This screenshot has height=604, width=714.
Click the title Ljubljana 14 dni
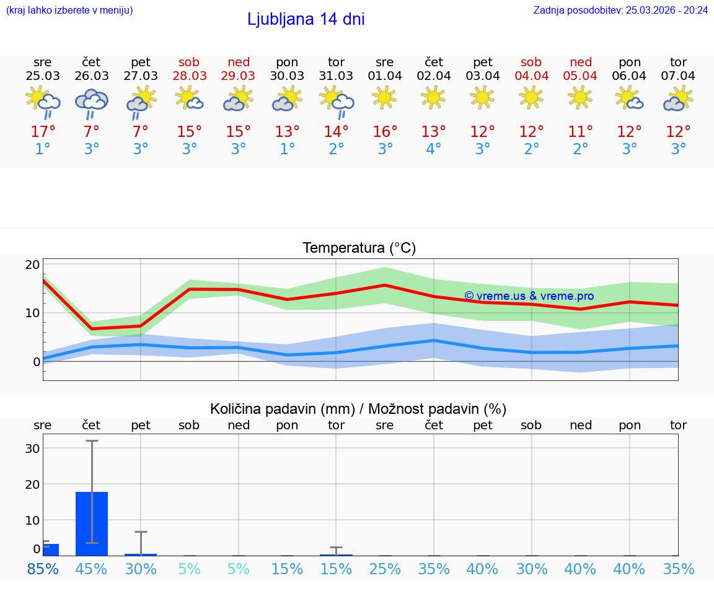(306, 19)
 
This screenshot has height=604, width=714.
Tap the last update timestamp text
(620, 11)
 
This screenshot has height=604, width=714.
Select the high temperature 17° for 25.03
(43, 132)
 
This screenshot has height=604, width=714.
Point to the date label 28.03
(190, 76)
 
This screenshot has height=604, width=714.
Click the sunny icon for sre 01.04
(384, 97)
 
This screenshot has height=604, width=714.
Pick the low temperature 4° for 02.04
(433, 149)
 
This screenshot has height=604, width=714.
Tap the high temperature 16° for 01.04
(385, 132)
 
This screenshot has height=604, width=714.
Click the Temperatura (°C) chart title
(359, 248)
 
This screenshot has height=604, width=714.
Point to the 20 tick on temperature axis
(32, 265)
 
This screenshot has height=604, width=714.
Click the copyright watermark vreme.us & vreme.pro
(529, 296)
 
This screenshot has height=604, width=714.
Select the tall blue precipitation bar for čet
(92, 523)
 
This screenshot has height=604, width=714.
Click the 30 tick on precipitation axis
(32, 449)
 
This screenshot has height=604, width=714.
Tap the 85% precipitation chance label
(43, 569)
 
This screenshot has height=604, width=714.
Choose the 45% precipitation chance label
(92, 569)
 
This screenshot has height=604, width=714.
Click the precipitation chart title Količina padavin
(358, 409)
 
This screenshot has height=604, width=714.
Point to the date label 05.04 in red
(580, 76)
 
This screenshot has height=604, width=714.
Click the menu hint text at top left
(69, 11)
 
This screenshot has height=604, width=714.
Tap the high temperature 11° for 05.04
(580, 132)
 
